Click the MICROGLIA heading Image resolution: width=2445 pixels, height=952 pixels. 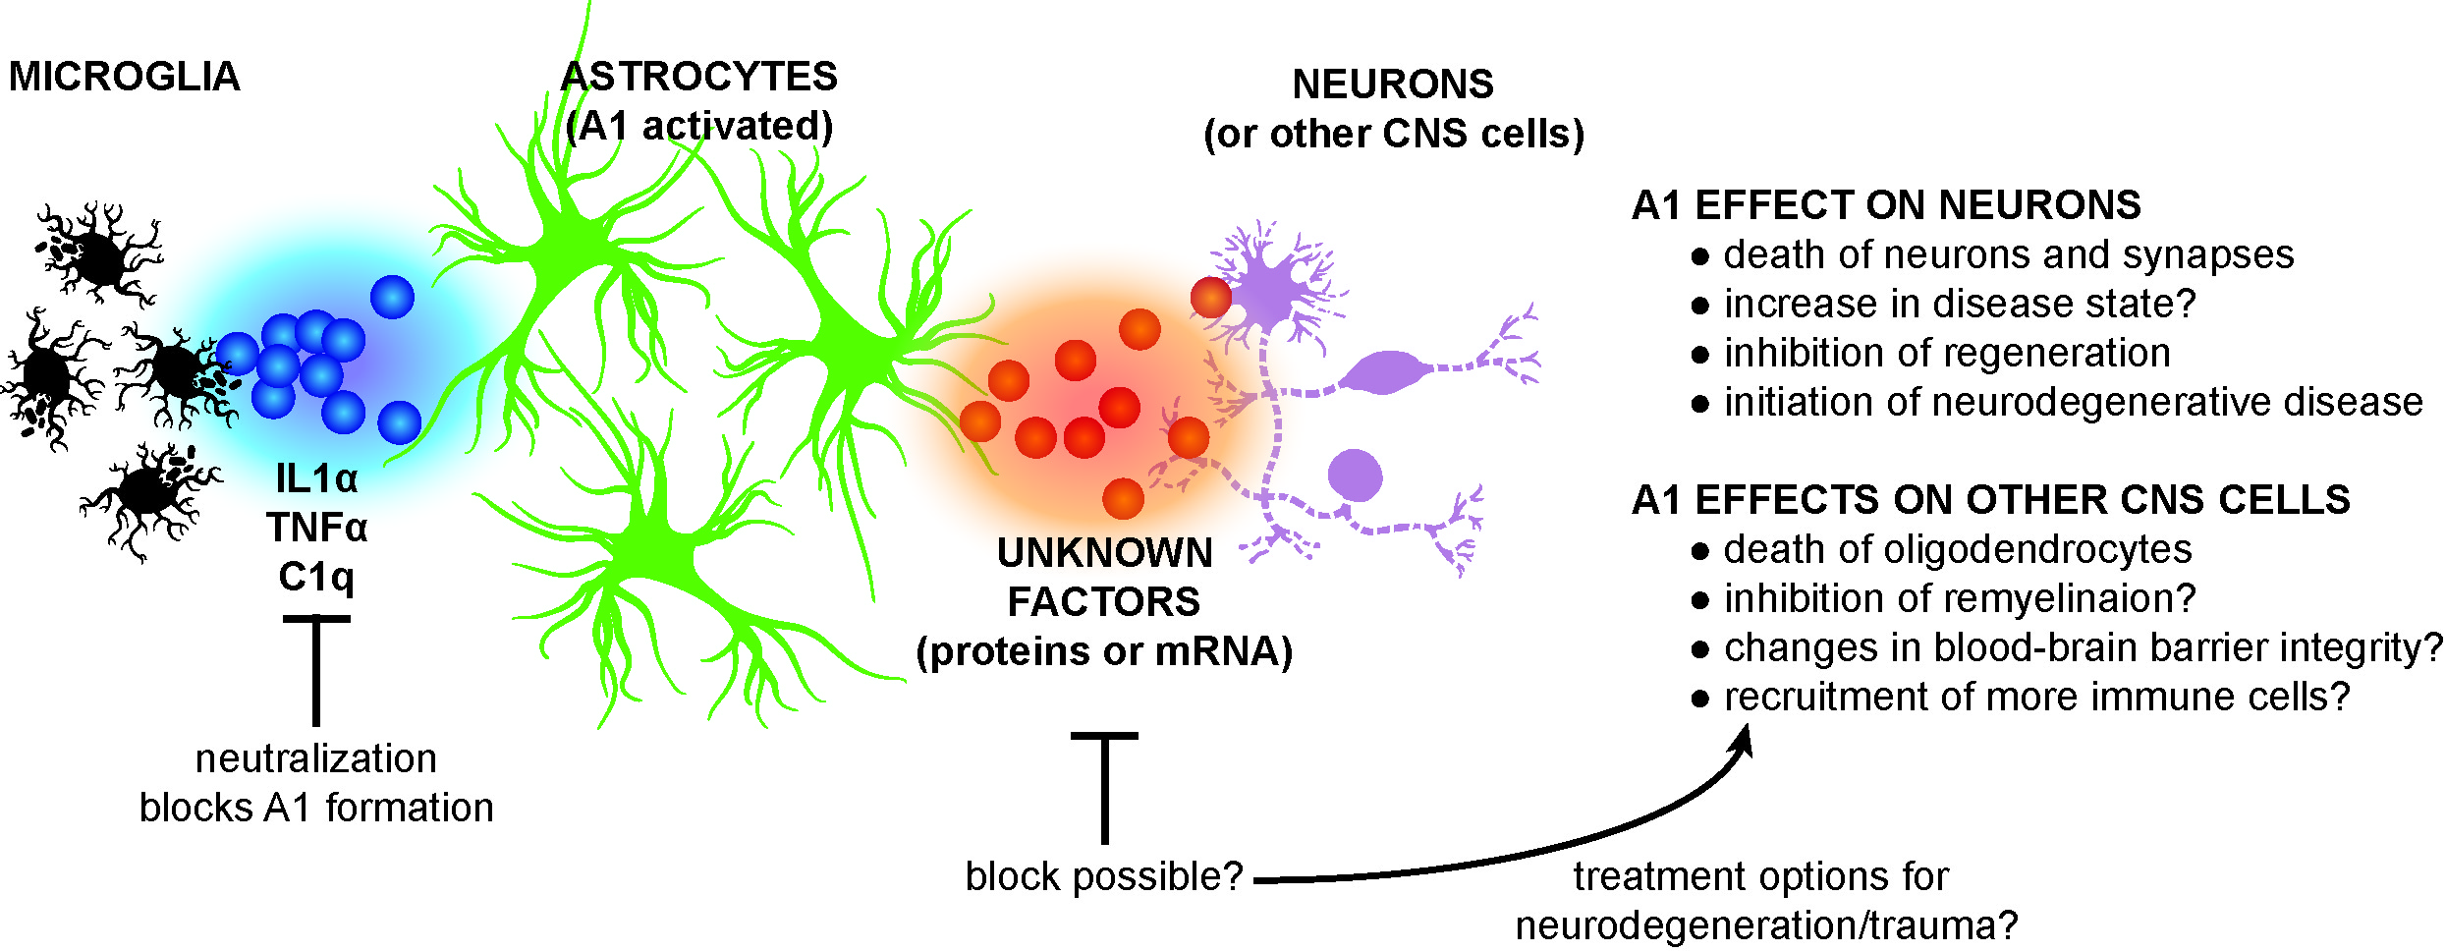(124, 77)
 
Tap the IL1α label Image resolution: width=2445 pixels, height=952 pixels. (316, 479)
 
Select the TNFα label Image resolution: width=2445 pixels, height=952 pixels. (316, 529)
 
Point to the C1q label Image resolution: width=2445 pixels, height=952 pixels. (315, 577)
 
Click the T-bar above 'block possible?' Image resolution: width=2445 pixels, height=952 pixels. (1104, 786)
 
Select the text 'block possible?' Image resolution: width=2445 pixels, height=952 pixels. (1104, 876)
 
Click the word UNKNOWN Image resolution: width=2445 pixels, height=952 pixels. (1104, 553)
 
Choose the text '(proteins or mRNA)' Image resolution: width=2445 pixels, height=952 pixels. (1104, 651)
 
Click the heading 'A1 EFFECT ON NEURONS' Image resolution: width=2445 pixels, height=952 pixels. (1886, 205)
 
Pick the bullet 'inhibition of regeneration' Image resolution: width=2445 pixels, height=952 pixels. (1947, 353)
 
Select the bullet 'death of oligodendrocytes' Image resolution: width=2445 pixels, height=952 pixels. (1957, 549)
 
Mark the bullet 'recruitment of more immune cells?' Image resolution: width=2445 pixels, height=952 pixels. (2036, 697)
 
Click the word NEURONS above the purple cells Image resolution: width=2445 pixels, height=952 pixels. (1393, 84)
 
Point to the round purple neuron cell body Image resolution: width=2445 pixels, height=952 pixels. (1355, 476)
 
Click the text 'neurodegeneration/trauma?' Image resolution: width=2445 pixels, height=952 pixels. (1766, 925)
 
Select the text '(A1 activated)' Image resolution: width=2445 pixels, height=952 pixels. (699, 127)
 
